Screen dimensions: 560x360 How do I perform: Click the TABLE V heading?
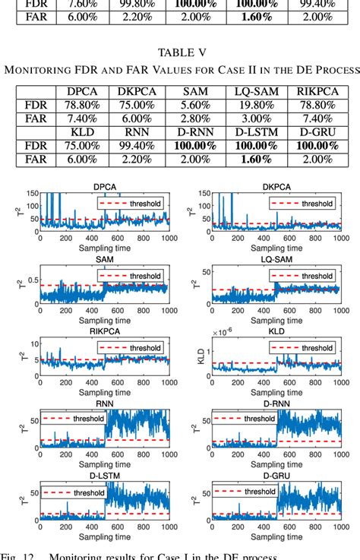click(x=180, y=52)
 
